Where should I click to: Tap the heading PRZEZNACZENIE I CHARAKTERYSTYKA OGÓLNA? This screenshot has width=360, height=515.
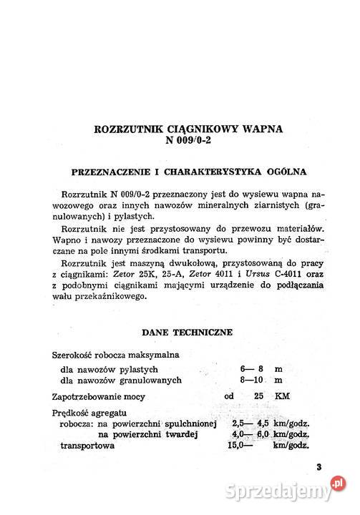pos(189,172)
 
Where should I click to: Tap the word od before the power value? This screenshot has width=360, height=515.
pos(229,396)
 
